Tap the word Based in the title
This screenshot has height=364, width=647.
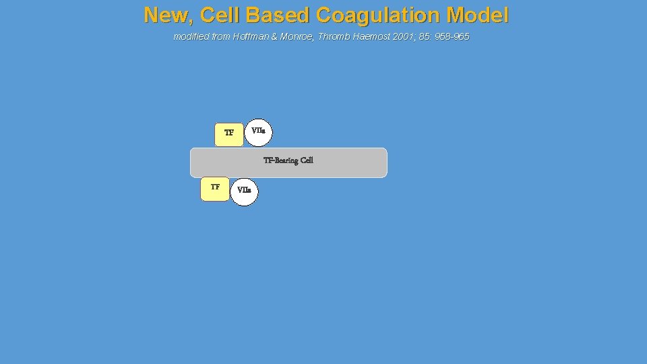[x=280, y=15]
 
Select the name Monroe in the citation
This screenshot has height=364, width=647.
[x=301, y=36]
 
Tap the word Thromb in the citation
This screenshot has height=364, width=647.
[x=339, y=36]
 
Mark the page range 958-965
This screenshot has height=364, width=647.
[x=453, y=36]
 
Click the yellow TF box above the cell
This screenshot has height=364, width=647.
[x=229, y=134]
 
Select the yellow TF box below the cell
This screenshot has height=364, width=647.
[x=215, y=188]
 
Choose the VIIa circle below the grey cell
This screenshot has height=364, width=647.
[x=244, y=191]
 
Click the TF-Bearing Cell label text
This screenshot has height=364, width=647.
[x=288, y=160]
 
